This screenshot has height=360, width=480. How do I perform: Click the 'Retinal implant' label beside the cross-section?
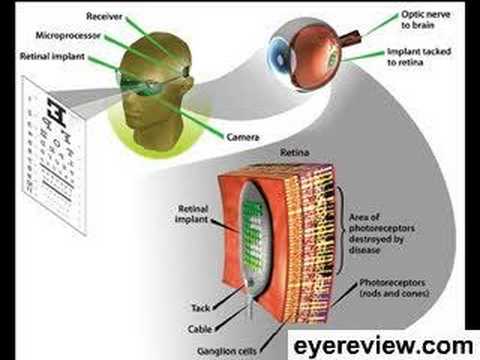(188, 205)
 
